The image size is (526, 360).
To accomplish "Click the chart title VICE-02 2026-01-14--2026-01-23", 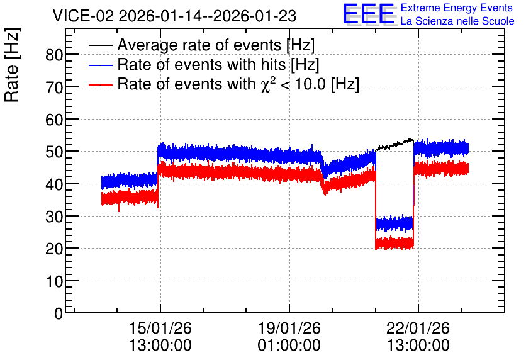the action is (x=174, y=16).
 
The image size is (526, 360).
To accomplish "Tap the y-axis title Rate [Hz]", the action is (x=12, y=65).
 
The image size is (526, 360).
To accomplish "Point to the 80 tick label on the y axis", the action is (x=54, y=55).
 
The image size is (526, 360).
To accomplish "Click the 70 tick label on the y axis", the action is (x=54, y=87).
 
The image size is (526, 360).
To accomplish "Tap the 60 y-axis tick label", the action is (x=54, y=120).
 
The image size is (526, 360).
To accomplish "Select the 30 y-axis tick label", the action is (x=54, y=217).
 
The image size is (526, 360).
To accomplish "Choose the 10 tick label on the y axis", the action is (x=54, y=281).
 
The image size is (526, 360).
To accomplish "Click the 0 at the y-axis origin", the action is (x=59, y=313).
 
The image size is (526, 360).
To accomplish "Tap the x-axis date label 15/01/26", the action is (x=160, y=328).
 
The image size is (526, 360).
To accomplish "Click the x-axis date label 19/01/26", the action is (x=289, y=328).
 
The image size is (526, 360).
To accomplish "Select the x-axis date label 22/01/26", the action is (x=418, y=328).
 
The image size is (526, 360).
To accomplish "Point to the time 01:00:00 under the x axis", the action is (x=289, y=345).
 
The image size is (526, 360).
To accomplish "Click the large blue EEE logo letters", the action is (x=369, y=14).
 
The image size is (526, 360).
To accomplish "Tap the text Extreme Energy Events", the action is (x=457, y=8).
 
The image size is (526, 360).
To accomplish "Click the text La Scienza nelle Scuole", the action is (x=457, y=21).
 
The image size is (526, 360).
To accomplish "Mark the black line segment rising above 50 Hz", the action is (x=394, y=144).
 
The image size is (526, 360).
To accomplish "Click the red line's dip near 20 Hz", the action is (x=394, y=243).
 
